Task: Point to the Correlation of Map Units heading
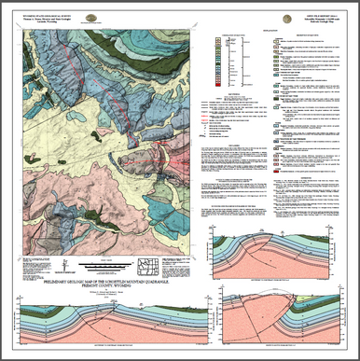pos(233,31)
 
